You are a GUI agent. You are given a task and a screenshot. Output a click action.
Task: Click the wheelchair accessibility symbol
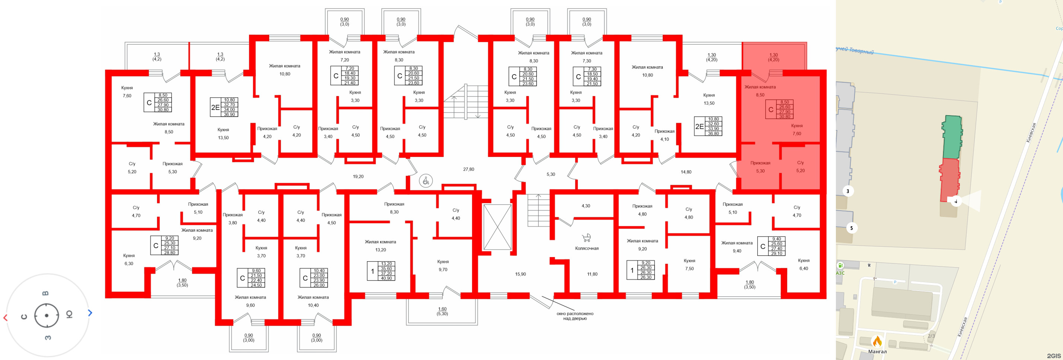426,180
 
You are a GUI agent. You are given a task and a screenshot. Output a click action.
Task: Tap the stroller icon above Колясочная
586,238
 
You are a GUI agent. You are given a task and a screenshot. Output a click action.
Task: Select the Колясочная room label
586,249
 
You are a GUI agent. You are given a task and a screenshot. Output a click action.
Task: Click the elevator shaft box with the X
497,227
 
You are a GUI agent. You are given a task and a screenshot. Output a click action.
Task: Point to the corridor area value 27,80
468,169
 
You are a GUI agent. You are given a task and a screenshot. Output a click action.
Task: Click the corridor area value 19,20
358,176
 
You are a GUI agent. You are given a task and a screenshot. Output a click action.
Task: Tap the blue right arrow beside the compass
90,313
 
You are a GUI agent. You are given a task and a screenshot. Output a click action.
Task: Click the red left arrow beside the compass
5,318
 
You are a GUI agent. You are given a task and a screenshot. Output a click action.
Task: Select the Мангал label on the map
877,352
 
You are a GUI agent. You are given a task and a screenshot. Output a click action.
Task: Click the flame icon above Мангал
877,341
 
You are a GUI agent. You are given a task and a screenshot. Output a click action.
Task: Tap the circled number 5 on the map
851,228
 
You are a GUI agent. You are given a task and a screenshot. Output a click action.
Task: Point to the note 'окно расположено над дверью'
575,316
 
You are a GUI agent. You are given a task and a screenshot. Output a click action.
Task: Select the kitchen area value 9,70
443,269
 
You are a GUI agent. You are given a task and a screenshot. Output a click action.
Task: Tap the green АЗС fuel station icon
840,265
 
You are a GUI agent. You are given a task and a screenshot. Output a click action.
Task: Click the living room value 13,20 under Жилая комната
381,250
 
